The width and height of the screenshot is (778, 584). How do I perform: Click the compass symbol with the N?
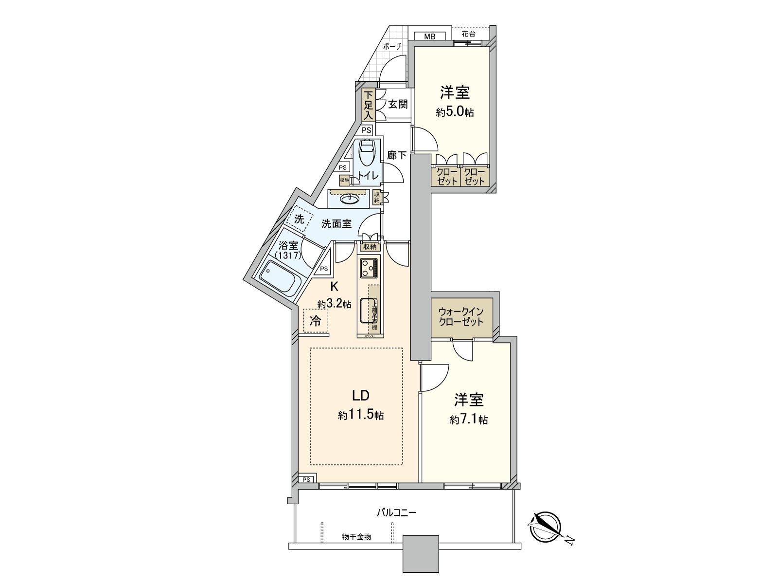tap(546, 528)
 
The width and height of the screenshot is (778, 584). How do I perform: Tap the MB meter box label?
tap(429, 36)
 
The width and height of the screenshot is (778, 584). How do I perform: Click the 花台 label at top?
tap(468, 34)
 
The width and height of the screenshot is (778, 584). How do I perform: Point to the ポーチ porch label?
tap(392, 47)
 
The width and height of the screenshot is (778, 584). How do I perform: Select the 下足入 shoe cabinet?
tap(369, 105)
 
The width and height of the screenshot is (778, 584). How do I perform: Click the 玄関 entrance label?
tap(398, 104)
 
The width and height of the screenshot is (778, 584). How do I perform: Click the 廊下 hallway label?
tap(397, 155)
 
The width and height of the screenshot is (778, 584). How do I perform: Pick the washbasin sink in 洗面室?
tap(350, 199)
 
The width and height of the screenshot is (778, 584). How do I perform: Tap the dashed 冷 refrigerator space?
tap(316, 321)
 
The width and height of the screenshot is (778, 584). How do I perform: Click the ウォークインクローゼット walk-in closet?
tap(461, 317)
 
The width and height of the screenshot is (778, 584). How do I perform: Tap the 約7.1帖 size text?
tap(469, 420)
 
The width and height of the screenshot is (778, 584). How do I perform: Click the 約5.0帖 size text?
tap(455, 112)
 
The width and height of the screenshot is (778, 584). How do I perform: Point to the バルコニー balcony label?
tap(396, 512)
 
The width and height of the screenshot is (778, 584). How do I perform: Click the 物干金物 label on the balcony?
tap(356, 536)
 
